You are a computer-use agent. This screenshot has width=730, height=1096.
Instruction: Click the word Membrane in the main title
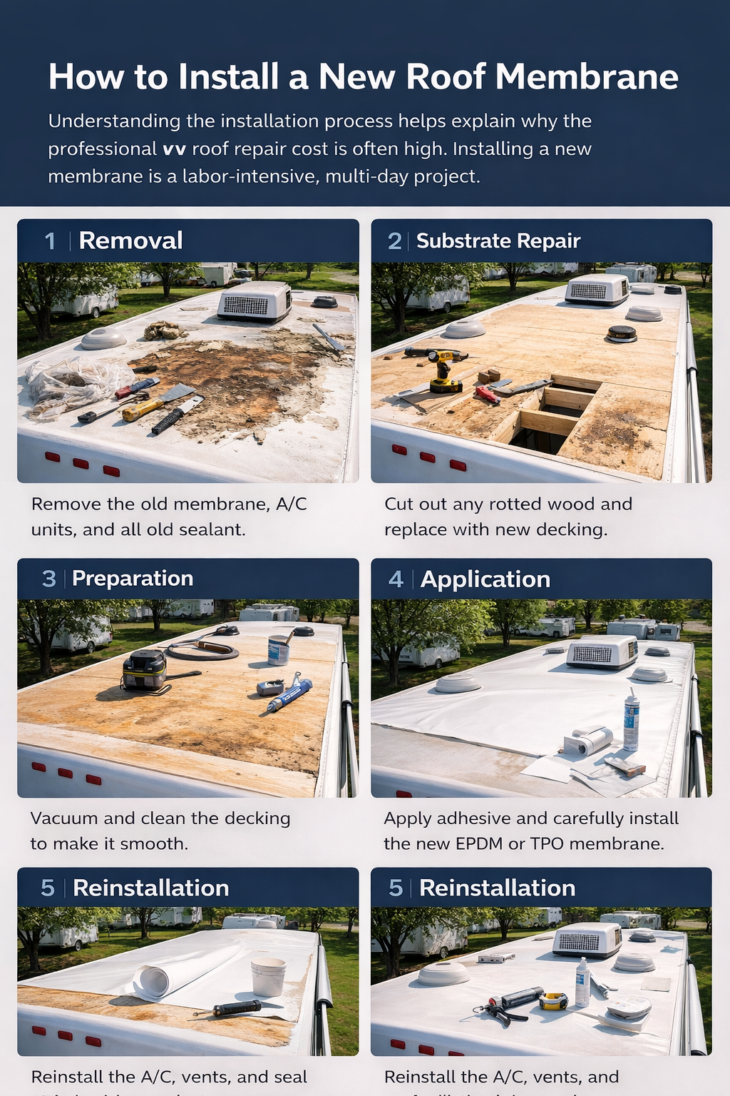point(586,76)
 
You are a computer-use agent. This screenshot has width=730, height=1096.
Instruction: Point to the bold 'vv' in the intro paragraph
point(174,149)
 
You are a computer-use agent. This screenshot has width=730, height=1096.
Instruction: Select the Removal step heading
point(130,240)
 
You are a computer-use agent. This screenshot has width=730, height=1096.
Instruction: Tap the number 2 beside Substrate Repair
point(394,241)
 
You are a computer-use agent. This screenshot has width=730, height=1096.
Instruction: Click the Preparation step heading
point(133,578)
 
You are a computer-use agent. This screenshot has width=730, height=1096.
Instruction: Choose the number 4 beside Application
point(396,579)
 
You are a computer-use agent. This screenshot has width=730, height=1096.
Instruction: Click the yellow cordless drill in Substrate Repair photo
point(443,370)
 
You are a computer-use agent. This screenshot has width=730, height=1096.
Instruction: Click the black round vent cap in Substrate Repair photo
point(622,333)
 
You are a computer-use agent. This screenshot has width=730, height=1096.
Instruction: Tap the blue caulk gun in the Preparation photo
point(289,694)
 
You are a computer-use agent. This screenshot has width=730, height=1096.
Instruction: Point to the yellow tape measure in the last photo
point(552,1001)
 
